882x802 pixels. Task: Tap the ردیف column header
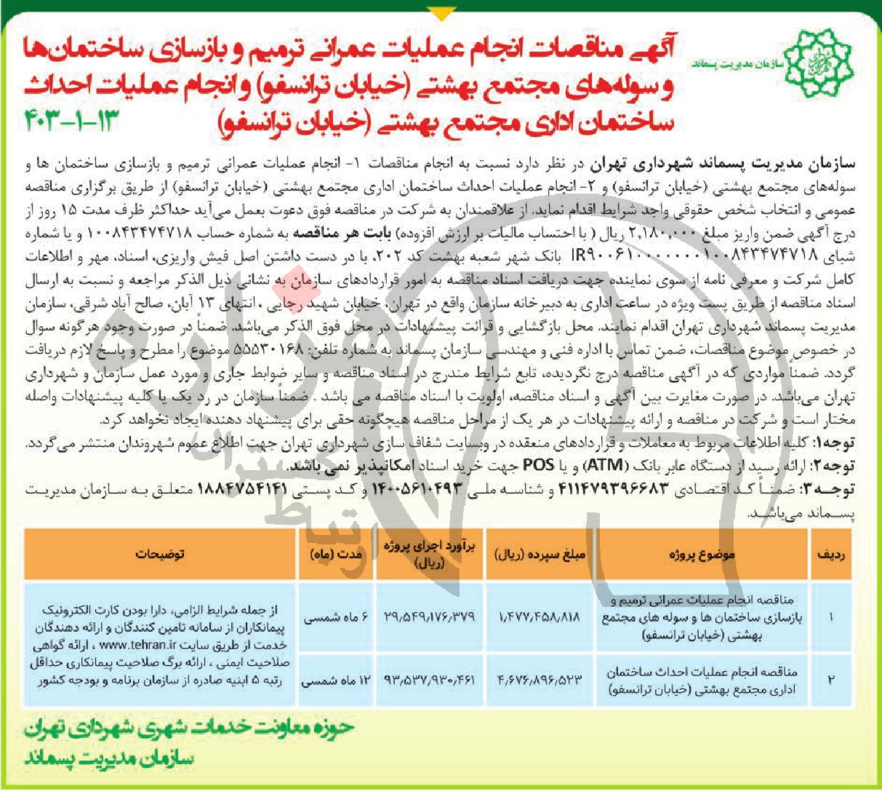pyautogui.click(x=831, y=554)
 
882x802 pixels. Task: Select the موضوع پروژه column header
pyautogui.click(x=702, y=554)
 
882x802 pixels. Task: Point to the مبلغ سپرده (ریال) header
pyautogui.click(x=540, y=554)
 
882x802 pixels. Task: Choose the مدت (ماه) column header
pyautogui.click(x=336, y=554)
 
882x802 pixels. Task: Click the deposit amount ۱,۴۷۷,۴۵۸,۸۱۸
pyautogui.click(x=540, y=616)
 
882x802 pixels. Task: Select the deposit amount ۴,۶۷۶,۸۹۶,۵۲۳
pyautogui.click(x=540, y=680)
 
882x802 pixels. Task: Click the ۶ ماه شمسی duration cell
pyautogui.click(x=337, y=617)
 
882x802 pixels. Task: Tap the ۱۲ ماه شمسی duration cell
pyautogui.click(x=337, y=681)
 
